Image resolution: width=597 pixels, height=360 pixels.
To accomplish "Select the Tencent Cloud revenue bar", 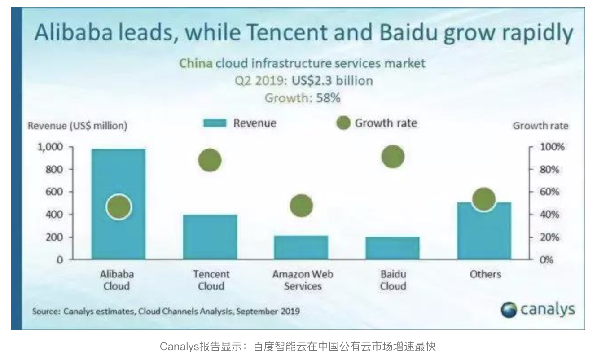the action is pyautogui.click(x=210, y=237).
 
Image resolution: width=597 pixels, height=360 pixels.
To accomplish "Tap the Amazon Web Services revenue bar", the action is pyautogui.click(x=301, y=247).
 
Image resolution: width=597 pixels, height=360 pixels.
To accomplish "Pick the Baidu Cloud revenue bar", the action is pyautogui.click(x=393, y=248).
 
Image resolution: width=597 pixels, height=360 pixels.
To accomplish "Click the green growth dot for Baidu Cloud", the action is pyautogui.click(x=393, y=157).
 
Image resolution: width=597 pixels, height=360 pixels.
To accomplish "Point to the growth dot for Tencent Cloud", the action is pyautogui.click(x=210, y=160).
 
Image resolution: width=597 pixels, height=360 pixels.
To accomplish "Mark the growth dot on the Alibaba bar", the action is pyautogui.click(x=119, y=207).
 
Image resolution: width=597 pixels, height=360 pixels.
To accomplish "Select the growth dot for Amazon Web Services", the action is pyautogui.click(x=301, y=206).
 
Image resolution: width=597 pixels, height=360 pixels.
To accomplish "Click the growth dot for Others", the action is pyautogui.click(x=484, y=199).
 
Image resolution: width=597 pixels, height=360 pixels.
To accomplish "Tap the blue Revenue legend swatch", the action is pyautogui.click(x=215, y=123).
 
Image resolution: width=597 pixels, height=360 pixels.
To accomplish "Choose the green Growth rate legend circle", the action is pyautogui.click(x=343, y=123).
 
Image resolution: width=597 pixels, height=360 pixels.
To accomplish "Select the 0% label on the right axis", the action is pyautogui.click(x=547, y=260).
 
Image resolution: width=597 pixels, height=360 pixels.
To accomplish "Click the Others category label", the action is pyautogui.click(x=485, y=274).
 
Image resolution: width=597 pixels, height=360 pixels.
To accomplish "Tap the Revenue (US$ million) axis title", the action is pyautogui.click(x=78, y=126).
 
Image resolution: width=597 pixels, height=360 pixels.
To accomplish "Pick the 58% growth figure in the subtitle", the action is pyautogui.click(x=328, y=98).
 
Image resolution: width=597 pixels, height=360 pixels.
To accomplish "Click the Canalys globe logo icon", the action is pyautogui.click(x=509, y=310).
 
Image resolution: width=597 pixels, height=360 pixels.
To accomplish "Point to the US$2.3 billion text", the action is pyautogui.click(x=332, y=81).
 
